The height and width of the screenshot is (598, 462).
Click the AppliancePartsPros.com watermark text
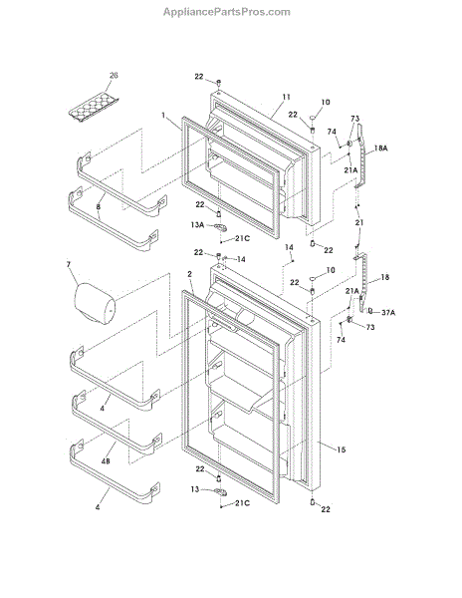227,12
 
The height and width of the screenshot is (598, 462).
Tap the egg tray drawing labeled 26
94,108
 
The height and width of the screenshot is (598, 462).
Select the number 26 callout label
114,75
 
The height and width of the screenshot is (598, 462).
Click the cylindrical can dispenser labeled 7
96,304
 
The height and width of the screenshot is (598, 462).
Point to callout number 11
286,97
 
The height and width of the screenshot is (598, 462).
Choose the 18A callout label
380,148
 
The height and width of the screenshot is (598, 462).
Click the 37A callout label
388,313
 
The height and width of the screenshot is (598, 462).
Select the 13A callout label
197,225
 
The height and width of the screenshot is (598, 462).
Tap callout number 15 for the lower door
342,450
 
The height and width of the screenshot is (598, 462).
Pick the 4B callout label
106,460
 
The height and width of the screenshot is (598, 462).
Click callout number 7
69,264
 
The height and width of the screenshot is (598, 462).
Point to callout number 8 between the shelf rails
99,207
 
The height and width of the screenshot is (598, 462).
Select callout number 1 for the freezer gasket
163,115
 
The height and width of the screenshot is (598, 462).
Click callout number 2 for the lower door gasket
189,274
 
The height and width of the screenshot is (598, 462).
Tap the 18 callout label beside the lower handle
385,277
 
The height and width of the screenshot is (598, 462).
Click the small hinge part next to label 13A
220,227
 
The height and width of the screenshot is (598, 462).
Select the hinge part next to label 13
220,492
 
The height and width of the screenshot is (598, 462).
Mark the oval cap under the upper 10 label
313,118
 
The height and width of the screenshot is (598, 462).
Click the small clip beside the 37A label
369,311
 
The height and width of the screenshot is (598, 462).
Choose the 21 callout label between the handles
359,222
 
